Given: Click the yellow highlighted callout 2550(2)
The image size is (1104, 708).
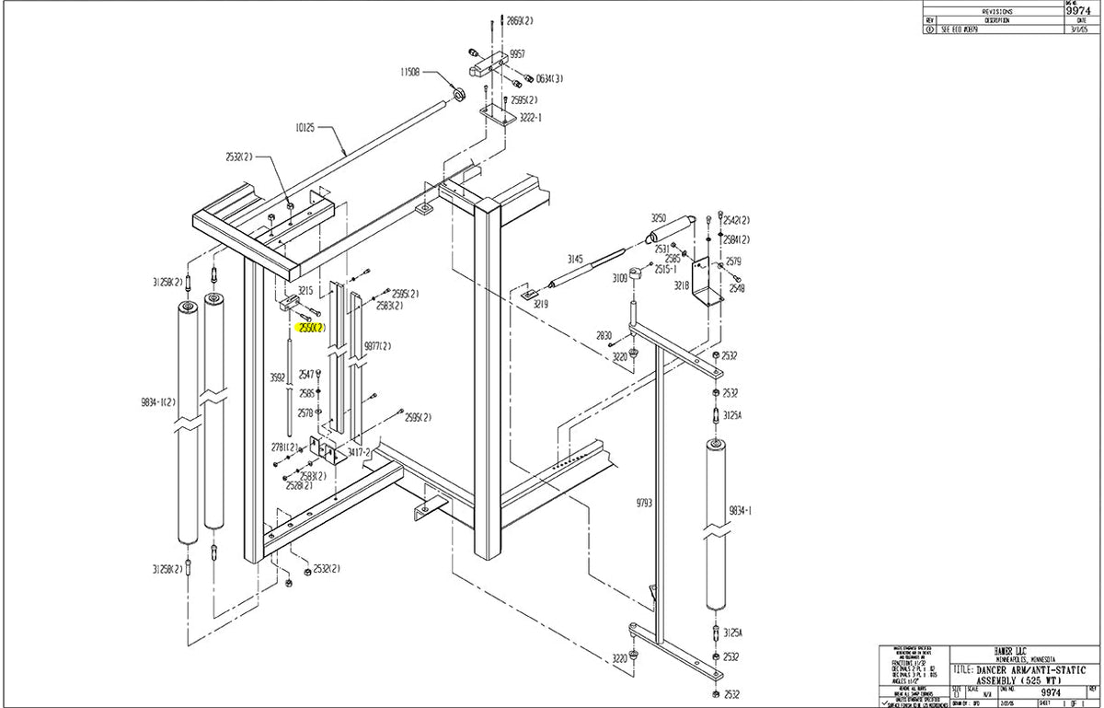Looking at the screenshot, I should coord(309,327).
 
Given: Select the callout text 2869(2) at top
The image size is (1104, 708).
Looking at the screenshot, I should coord(520,20).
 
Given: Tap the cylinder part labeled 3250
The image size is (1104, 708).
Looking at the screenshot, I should coord(684,225).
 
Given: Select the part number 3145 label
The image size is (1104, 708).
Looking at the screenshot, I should coord(576,260).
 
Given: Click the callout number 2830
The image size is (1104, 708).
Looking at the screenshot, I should coord(604,335).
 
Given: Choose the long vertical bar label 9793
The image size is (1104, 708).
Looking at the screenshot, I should coord(643,504).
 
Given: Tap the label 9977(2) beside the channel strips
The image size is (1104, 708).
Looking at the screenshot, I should coord(378,346).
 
